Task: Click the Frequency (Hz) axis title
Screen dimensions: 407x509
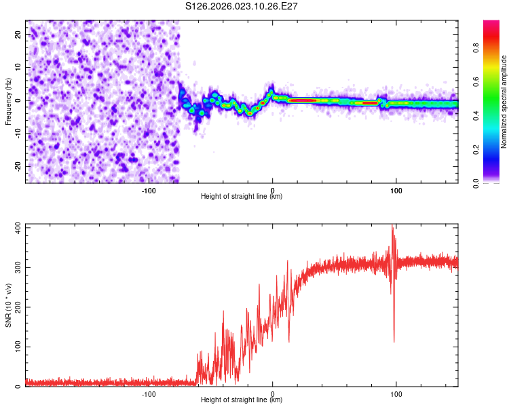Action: (x=8, y=101)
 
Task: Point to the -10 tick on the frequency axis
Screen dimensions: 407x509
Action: (x=16, y=134)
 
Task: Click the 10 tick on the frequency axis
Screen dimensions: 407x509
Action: (x=18, y=67)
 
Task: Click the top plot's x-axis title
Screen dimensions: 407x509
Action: (x=242, y=196)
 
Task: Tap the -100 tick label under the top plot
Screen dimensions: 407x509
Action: (x=149, y=189)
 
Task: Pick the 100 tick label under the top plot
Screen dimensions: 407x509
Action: (x=396, y=189)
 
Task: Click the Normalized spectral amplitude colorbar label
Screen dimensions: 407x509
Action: (x=504, y=102)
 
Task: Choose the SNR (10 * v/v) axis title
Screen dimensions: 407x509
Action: (x=8, y=305)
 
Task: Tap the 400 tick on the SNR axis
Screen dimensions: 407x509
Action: (x=16, y=227)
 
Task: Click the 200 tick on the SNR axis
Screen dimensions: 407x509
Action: (x=16, y=307)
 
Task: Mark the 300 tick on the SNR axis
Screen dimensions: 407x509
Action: (x=16, y=267)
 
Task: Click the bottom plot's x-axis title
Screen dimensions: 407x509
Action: (x=242, y=400)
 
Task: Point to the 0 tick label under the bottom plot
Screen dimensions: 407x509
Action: (x=273, y=393)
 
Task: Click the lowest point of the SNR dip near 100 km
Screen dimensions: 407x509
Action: (x=394, y=342)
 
